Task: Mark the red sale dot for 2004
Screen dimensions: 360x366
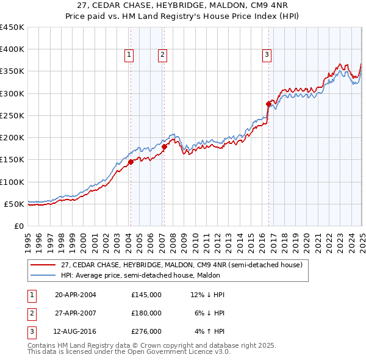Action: [x=131, y=162]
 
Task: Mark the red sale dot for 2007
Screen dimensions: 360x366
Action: [x=164, y=146]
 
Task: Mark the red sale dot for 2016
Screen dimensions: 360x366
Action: [x=268, y=104]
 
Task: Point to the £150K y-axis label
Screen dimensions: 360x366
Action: [x=12, y=160]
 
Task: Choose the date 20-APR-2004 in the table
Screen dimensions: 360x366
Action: [x=76, y=295]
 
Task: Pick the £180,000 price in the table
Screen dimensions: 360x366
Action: [x=146, y=313]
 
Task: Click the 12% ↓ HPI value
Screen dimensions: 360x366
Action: [x=207, y=295]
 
